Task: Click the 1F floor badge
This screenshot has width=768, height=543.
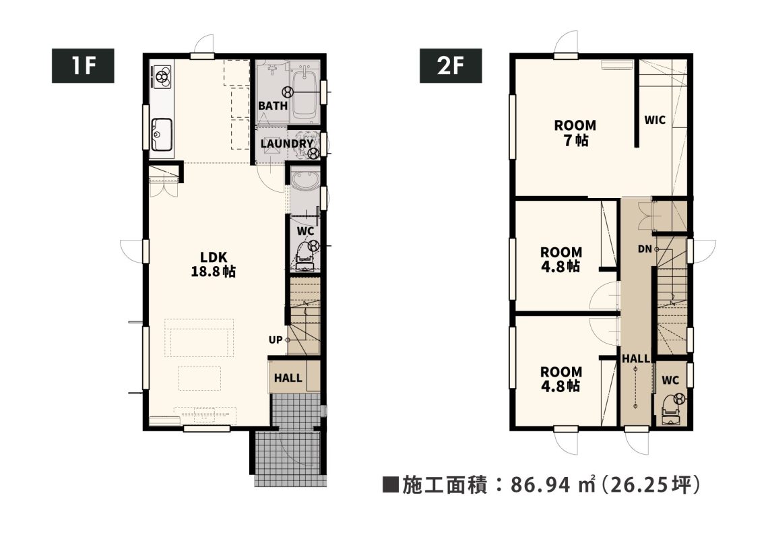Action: pyautogui.click(x=83, y=65)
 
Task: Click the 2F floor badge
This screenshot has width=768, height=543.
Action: pyautogui.click(x=450, y=65)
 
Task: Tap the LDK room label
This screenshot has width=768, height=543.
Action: pyautogui.click(x=214, y=257)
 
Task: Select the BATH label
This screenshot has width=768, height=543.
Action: pyautogui.click(x=273, y=106)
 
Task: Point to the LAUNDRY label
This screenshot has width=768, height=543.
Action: pyautogui.click(x=286, y=143)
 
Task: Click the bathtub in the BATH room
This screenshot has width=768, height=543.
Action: pyautogui.click(x=304, y=96)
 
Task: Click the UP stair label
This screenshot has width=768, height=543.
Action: pyautogui.click(x=276, y=340)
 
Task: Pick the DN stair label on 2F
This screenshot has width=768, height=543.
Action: pyautogui.click(x=645, y=249)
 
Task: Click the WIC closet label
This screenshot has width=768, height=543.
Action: pyautogui.click(x=655, y=120)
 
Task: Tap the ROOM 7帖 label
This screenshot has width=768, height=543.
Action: pyautogui.click(x=575, y=133)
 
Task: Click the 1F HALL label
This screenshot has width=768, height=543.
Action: pyautogui.click(x=288, y=378)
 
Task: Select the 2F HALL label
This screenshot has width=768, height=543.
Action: pyautogui.click(x=636, y=359)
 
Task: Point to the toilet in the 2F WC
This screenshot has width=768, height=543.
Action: pyautogui.click(x=670, y=408)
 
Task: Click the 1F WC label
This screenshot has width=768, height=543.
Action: pyautogui.click(x=305, y=231)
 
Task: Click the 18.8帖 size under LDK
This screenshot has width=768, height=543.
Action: pyautogui.click(x=214, y=271)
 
